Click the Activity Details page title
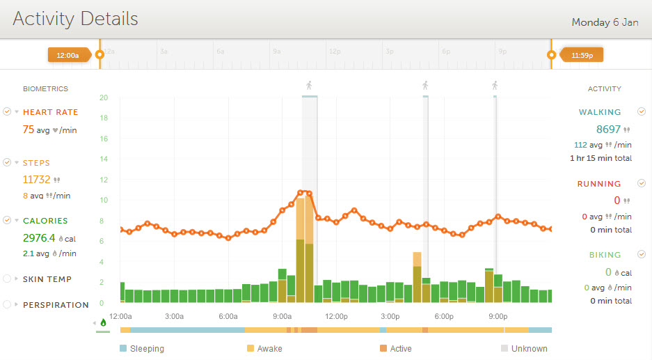(x=75, y=19)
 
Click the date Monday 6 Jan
(x=605, y=22)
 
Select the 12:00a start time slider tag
(x=67, y=55)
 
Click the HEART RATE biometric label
(x=50, y=112)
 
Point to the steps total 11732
(x=37, y=179)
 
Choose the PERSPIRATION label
(x=56, y=305)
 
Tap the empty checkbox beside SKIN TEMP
(x=7, y=279)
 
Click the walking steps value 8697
(x=608, y=129)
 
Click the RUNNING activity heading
(x=599, y=184)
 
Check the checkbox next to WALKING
(x=642, y=111)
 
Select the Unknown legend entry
(x=530, y=349)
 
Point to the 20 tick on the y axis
(x=103, y=97)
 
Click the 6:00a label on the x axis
(x=229, y=316)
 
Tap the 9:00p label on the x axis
(x=498, y=316)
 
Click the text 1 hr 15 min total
(x=601, y=158)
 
